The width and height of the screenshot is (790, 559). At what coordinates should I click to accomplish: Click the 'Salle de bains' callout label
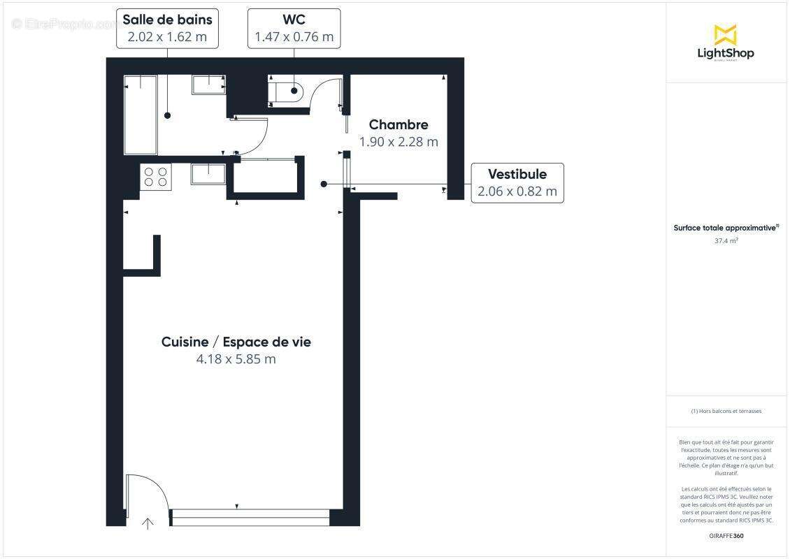(168, 20)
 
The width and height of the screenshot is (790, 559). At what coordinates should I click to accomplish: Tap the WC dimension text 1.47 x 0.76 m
(294, 37)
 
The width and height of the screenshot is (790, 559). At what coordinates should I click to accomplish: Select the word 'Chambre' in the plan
(398, 125)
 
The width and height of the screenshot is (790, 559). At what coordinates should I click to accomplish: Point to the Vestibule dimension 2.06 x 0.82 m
(517, 191)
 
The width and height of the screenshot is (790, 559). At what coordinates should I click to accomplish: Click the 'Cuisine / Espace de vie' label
(236, 342)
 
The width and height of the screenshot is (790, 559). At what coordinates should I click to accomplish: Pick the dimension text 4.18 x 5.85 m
(236, 359)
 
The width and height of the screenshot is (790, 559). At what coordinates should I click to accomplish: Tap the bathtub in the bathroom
(141, 115)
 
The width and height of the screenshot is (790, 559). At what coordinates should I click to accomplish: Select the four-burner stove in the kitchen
(156, 176)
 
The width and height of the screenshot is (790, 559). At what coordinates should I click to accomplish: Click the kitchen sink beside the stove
(208, 174)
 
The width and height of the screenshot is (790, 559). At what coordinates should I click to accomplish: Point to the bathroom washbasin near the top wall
(208, 85)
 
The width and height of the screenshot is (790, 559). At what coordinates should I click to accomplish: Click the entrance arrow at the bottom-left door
(148, 523)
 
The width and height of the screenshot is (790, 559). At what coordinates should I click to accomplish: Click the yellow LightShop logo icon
(725, 34)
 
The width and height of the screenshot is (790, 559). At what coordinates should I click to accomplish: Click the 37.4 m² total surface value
(726, 240)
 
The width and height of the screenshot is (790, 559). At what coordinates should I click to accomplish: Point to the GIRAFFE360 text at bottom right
(726, 536)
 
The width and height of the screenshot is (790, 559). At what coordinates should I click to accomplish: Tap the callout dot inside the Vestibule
(323, 184)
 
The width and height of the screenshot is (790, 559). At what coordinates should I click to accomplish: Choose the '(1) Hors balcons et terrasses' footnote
(726, 411)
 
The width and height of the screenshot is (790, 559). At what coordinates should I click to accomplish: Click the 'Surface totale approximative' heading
(725, 228)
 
